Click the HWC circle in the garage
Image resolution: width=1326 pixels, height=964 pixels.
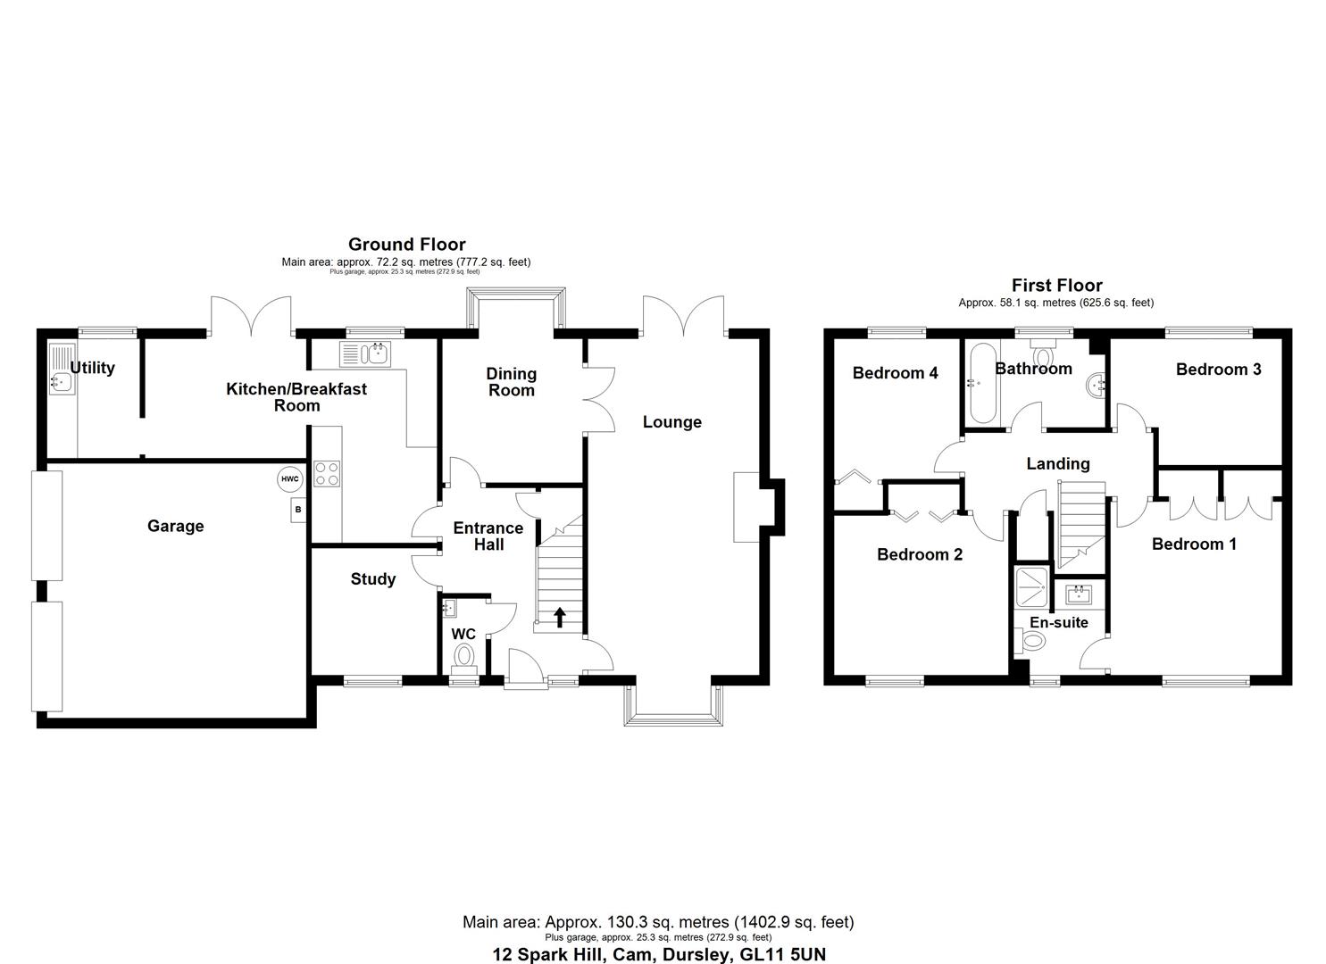pos(289,479)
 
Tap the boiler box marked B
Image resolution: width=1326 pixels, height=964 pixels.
pos(298,511)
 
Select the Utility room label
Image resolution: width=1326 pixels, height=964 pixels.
pos(93,368)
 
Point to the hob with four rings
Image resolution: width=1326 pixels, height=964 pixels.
pos(326,473)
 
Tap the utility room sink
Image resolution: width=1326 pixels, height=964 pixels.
pos(62,381)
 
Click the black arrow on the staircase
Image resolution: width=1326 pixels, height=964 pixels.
pos(560,617)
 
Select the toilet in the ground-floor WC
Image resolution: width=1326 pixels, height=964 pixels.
pos(463,657)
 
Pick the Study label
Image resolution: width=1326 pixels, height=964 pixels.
pos(372,579)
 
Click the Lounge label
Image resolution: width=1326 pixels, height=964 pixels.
pos(672,422)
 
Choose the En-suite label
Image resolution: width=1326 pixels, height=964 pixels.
pos(1059,622)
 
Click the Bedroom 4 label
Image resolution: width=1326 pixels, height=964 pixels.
pos(895,373)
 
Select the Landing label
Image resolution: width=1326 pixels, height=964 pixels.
pos(1058,463)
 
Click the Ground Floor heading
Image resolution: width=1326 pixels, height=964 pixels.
pos(406,245)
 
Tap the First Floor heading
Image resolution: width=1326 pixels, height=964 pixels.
pos(1055,286)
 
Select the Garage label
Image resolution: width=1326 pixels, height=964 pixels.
pos(175,527)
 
